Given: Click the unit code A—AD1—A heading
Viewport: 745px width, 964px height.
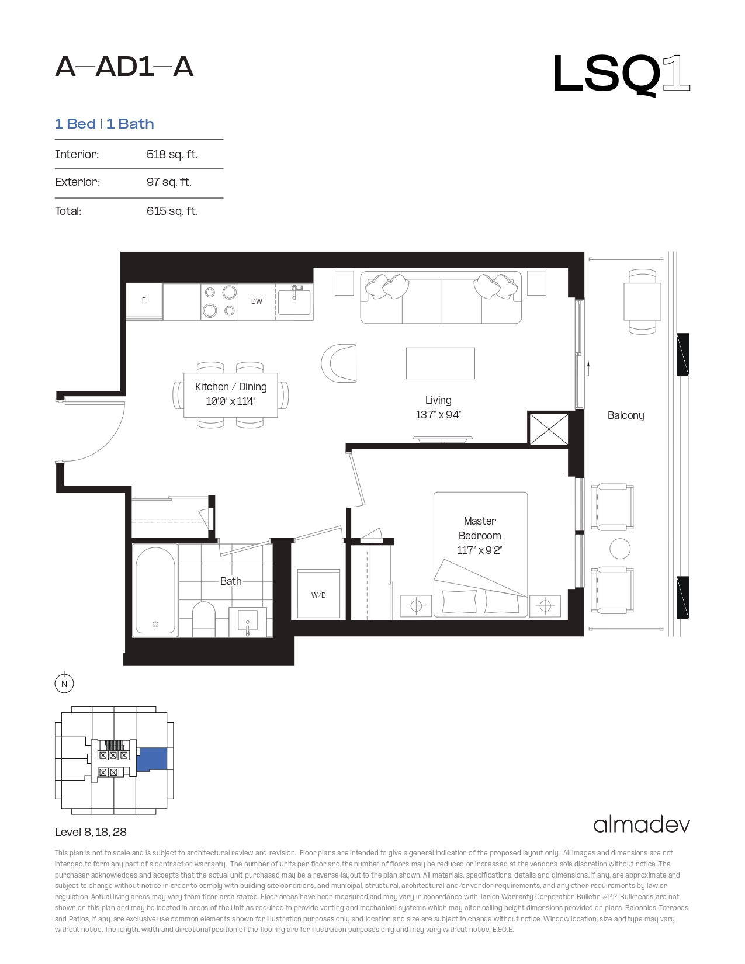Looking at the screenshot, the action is click(124, 67).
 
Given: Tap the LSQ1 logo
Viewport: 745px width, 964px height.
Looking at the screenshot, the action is click(621, 75).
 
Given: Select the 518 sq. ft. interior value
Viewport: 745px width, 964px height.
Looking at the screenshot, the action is click(172, 154).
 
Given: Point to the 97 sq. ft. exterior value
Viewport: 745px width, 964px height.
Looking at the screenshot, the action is click(169, 182).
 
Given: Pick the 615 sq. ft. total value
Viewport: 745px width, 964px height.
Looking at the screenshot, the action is click(172, 211).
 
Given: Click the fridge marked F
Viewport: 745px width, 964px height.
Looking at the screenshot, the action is click(144, 301).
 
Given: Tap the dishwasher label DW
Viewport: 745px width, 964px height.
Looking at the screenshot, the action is click(257, 301).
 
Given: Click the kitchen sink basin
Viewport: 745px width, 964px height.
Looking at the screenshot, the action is click(294, 301).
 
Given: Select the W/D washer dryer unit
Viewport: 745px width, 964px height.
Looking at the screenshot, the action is click(318, 594).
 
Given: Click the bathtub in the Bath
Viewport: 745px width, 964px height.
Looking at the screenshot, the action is click(155, 591).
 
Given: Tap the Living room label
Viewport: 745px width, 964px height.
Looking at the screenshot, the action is click(438, 400).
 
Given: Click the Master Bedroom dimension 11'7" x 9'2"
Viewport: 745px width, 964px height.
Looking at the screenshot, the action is click(480, 550).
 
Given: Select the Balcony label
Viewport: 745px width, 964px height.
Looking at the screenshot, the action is click(626, 415).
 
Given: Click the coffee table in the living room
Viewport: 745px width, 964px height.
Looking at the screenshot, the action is click(440, 363).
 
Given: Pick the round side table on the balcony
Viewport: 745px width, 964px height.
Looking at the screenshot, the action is click(620, 549).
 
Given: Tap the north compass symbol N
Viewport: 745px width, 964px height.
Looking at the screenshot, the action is click(64, 684).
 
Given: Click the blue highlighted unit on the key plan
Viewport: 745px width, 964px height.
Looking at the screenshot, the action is click(152, 760).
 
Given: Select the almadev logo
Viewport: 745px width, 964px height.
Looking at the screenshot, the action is click(642, 825).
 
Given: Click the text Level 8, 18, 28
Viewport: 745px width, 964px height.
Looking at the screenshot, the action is click(91, 832).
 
